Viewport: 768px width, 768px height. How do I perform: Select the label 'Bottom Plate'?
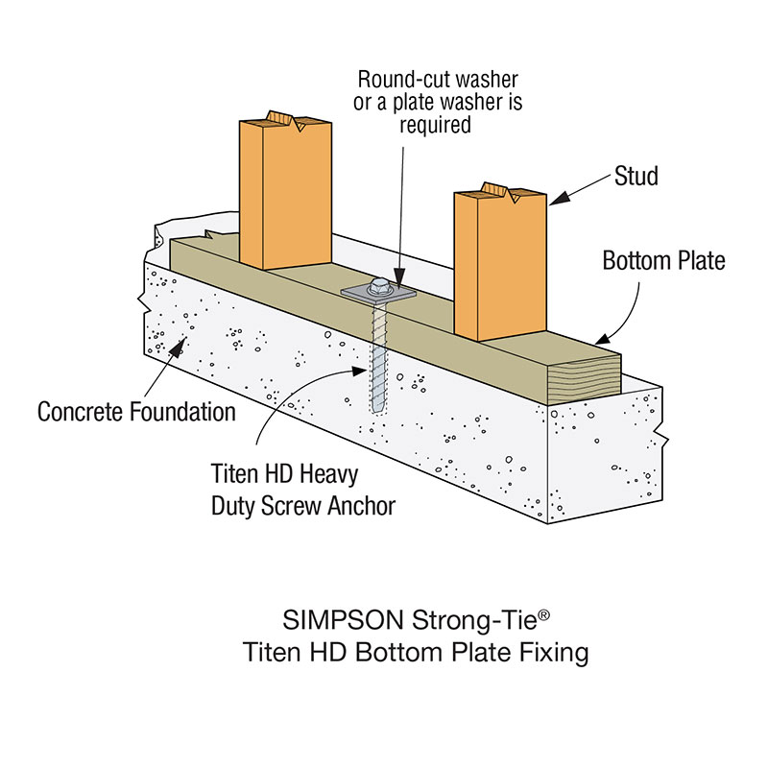pos(663,260)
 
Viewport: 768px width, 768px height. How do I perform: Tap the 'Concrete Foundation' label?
pos(136,412)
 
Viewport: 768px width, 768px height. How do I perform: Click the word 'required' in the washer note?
pos(437,125)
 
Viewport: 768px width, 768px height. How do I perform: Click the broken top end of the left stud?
pos(285,121)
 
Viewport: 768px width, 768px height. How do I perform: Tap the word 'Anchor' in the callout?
pos(355,506)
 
